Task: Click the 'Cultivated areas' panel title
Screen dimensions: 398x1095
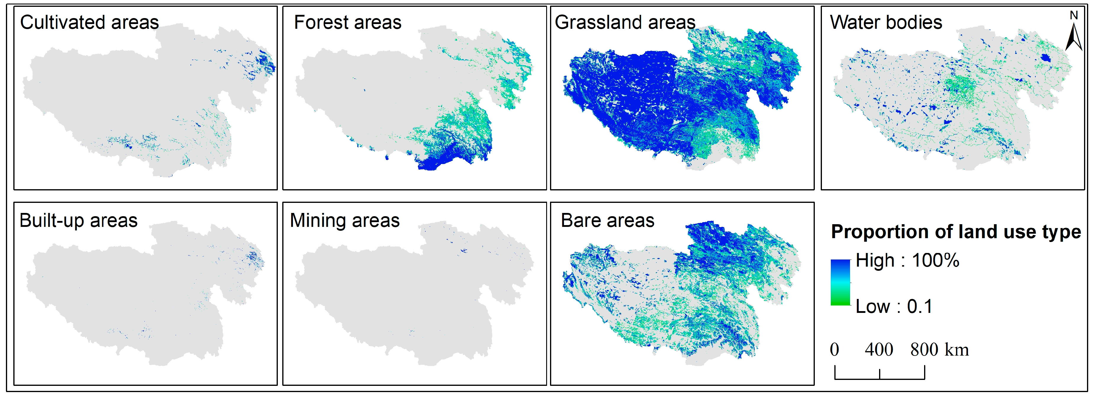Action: tap(89, 23)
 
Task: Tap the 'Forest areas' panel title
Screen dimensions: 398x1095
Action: tap(347, 23)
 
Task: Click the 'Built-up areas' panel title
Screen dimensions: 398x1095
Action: tap(79, 220)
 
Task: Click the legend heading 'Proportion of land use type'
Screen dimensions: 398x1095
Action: tap(955, 232)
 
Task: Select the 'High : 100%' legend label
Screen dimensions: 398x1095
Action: tap(907, 260)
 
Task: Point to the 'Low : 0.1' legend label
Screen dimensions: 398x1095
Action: tap(894, 306)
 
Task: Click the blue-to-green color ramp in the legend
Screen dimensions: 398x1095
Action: tap(840, 282)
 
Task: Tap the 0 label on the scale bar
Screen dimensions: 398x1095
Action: tap(834, 350)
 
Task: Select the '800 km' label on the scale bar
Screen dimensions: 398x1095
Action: tap(940, 350)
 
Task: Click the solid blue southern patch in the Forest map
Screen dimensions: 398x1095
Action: tap(429, 164)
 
